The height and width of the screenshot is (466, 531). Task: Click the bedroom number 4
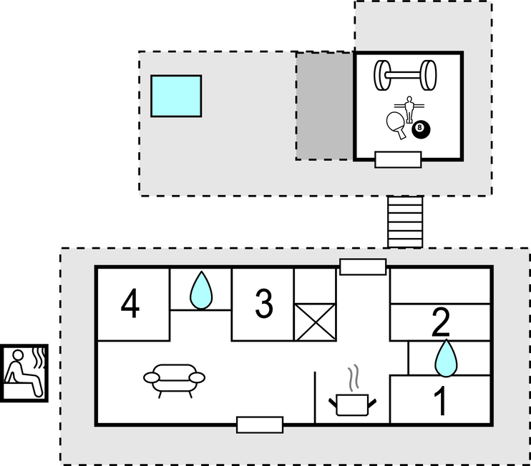click(130, 304)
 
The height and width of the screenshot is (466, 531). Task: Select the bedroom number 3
click(264, 304)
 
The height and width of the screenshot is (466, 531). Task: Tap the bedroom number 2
click(441, 322)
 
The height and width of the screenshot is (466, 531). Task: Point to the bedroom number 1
click(441, 401)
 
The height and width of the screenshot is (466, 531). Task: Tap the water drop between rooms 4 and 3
click(201, 290)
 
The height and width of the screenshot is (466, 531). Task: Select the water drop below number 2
click(446, 358)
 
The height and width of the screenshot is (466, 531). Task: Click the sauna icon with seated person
click(24, 373)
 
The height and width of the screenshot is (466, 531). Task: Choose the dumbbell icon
click(405, 75)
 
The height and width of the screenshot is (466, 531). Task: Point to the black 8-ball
click(421, 130)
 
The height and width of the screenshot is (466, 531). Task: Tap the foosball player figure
click(409, 109)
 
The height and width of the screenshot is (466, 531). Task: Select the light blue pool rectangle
click(176, 96)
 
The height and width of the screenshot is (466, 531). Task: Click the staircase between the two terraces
click(405, 222)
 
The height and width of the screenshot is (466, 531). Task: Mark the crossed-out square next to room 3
click(315, 322)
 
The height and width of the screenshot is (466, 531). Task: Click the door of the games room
click(398, 159)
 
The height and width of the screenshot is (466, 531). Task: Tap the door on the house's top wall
click(363, 267)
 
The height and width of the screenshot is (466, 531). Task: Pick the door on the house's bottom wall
click(260, 425)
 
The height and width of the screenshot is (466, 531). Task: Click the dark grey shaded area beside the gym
click(325, 106)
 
